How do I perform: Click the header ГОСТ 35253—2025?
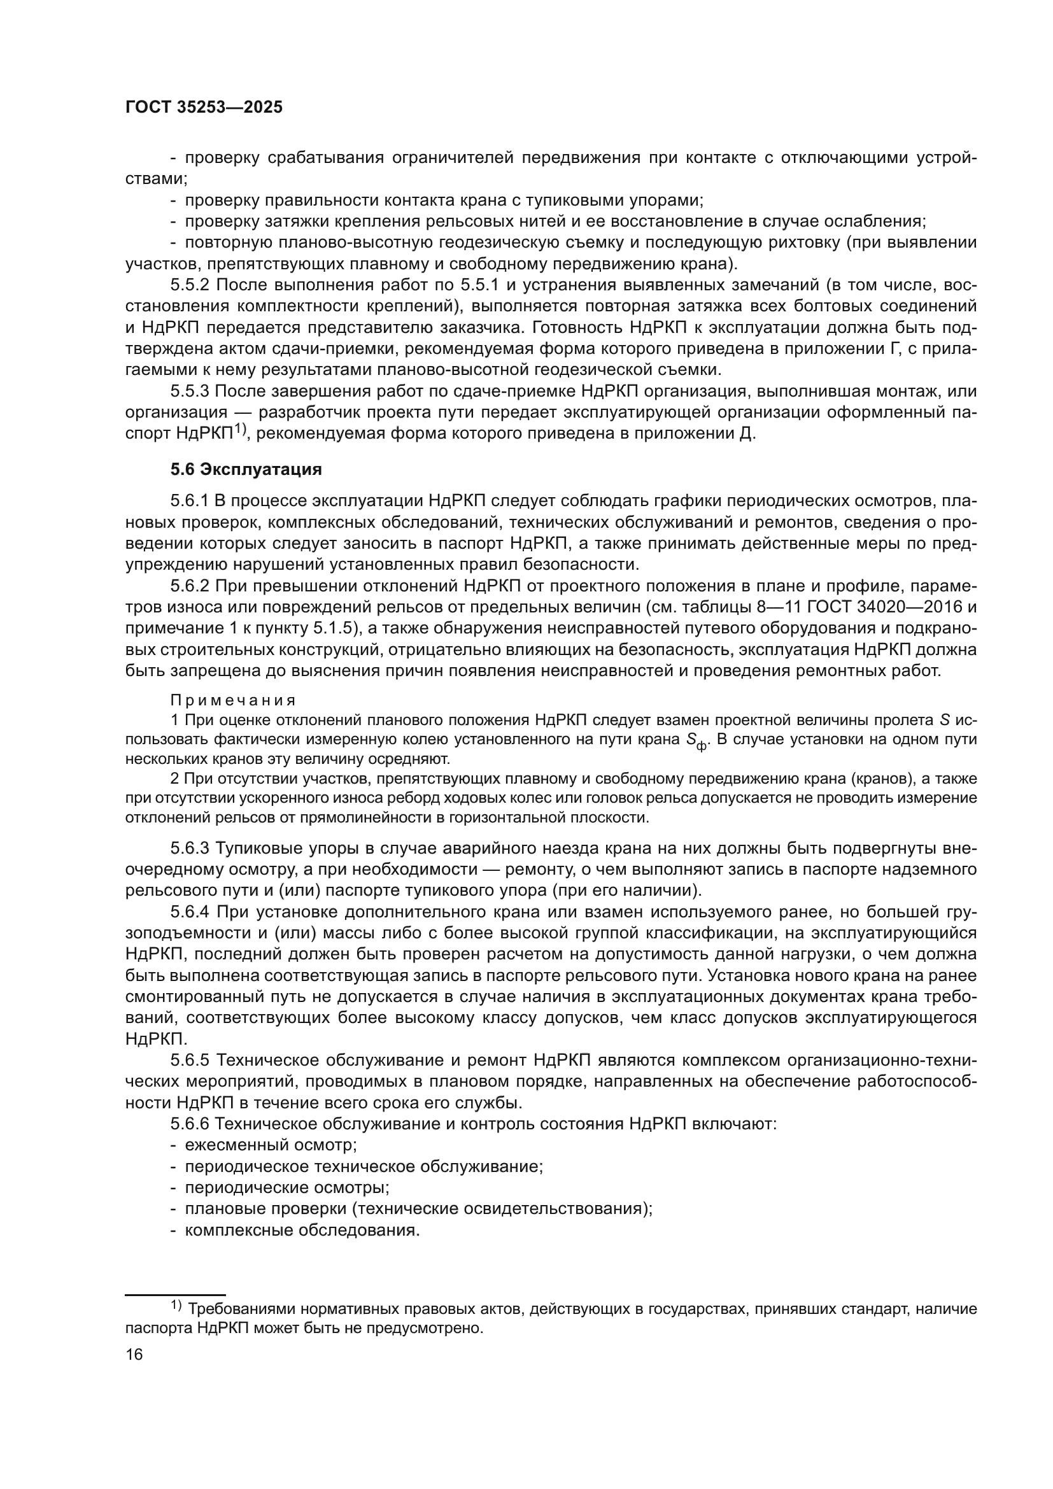pos(204,108)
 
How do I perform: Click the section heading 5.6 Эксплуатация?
pos(246,470)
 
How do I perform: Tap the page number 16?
pos(134,1354)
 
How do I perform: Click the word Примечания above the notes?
pos(234,700)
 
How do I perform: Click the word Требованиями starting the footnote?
pos(239,1309)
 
